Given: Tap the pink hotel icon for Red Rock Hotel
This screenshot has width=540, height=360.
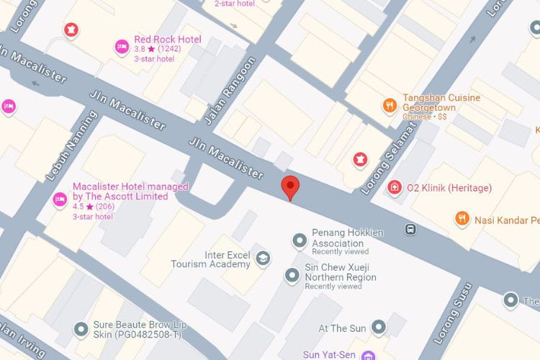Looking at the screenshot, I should (122, 47).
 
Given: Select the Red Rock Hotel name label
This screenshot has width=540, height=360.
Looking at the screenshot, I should (168, 39).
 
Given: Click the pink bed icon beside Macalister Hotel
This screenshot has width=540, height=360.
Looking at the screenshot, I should (60, 199).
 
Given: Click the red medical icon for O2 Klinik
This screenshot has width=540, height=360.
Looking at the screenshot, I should (395, 188).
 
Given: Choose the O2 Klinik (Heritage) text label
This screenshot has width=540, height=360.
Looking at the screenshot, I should (449, 188).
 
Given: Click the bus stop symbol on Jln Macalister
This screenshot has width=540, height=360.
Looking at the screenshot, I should (410, 230).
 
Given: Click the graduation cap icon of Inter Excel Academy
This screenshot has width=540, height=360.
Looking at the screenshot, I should (264, 258).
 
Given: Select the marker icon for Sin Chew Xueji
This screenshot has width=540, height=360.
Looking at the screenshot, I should (292, 274).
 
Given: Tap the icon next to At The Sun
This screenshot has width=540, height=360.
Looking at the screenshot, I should (379, 328).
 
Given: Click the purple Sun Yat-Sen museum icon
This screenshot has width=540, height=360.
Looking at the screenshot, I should (367, 355).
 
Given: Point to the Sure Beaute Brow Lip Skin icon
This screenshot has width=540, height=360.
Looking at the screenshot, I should (81, 329).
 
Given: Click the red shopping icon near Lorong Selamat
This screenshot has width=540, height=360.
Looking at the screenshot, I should (359, 158).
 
